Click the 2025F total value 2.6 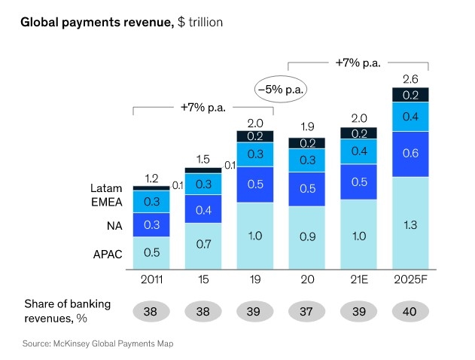click(410, 78)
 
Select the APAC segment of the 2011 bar click(152, 252)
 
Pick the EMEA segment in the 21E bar click(359, 151)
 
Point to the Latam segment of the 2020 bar click(307, 143)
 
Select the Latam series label click(97, 188)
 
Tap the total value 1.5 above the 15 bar click(203, 160)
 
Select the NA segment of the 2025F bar click(410, 153)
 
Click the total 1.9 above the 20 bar click(307, 127)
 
